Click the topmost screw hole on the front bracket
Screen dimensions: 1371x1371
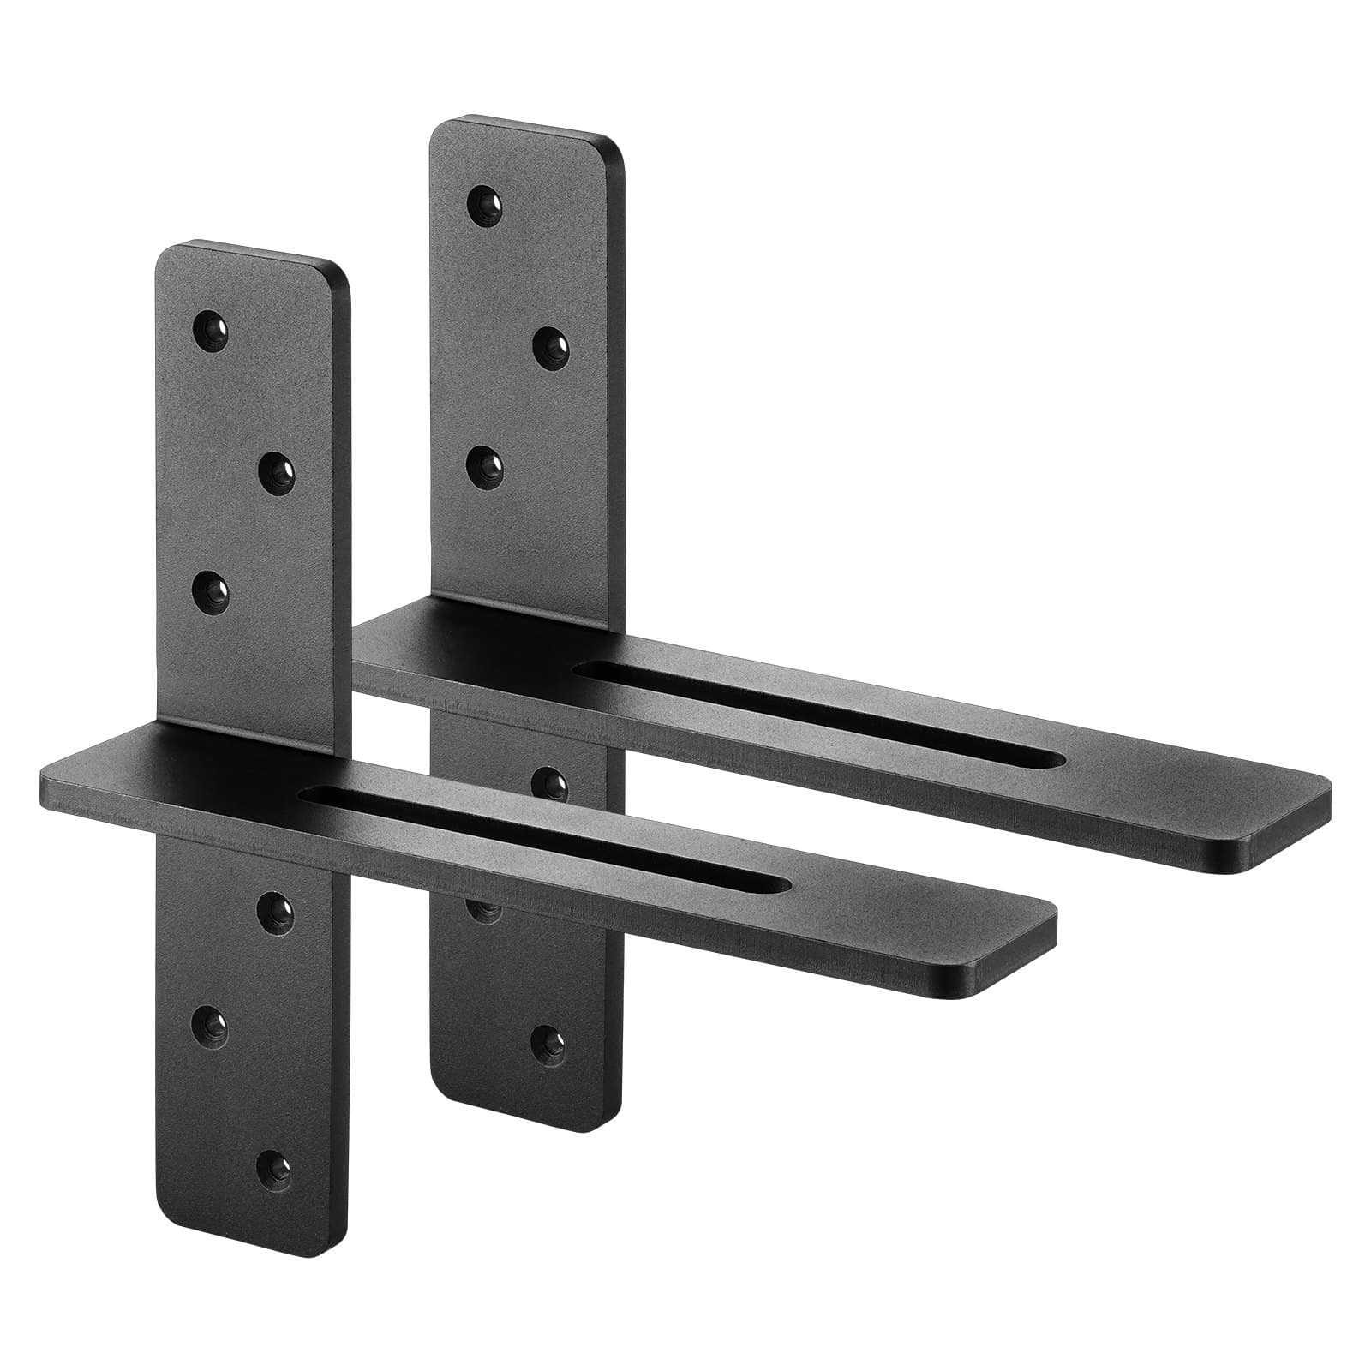pyautogui.click(x=210, y=329)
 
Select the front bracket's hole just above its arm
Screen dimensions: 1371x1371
pyautogui.click(x=210, y=592)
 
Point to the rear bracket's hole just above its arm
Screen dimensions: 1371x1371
pyautogui.click(x=485, y=464)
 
